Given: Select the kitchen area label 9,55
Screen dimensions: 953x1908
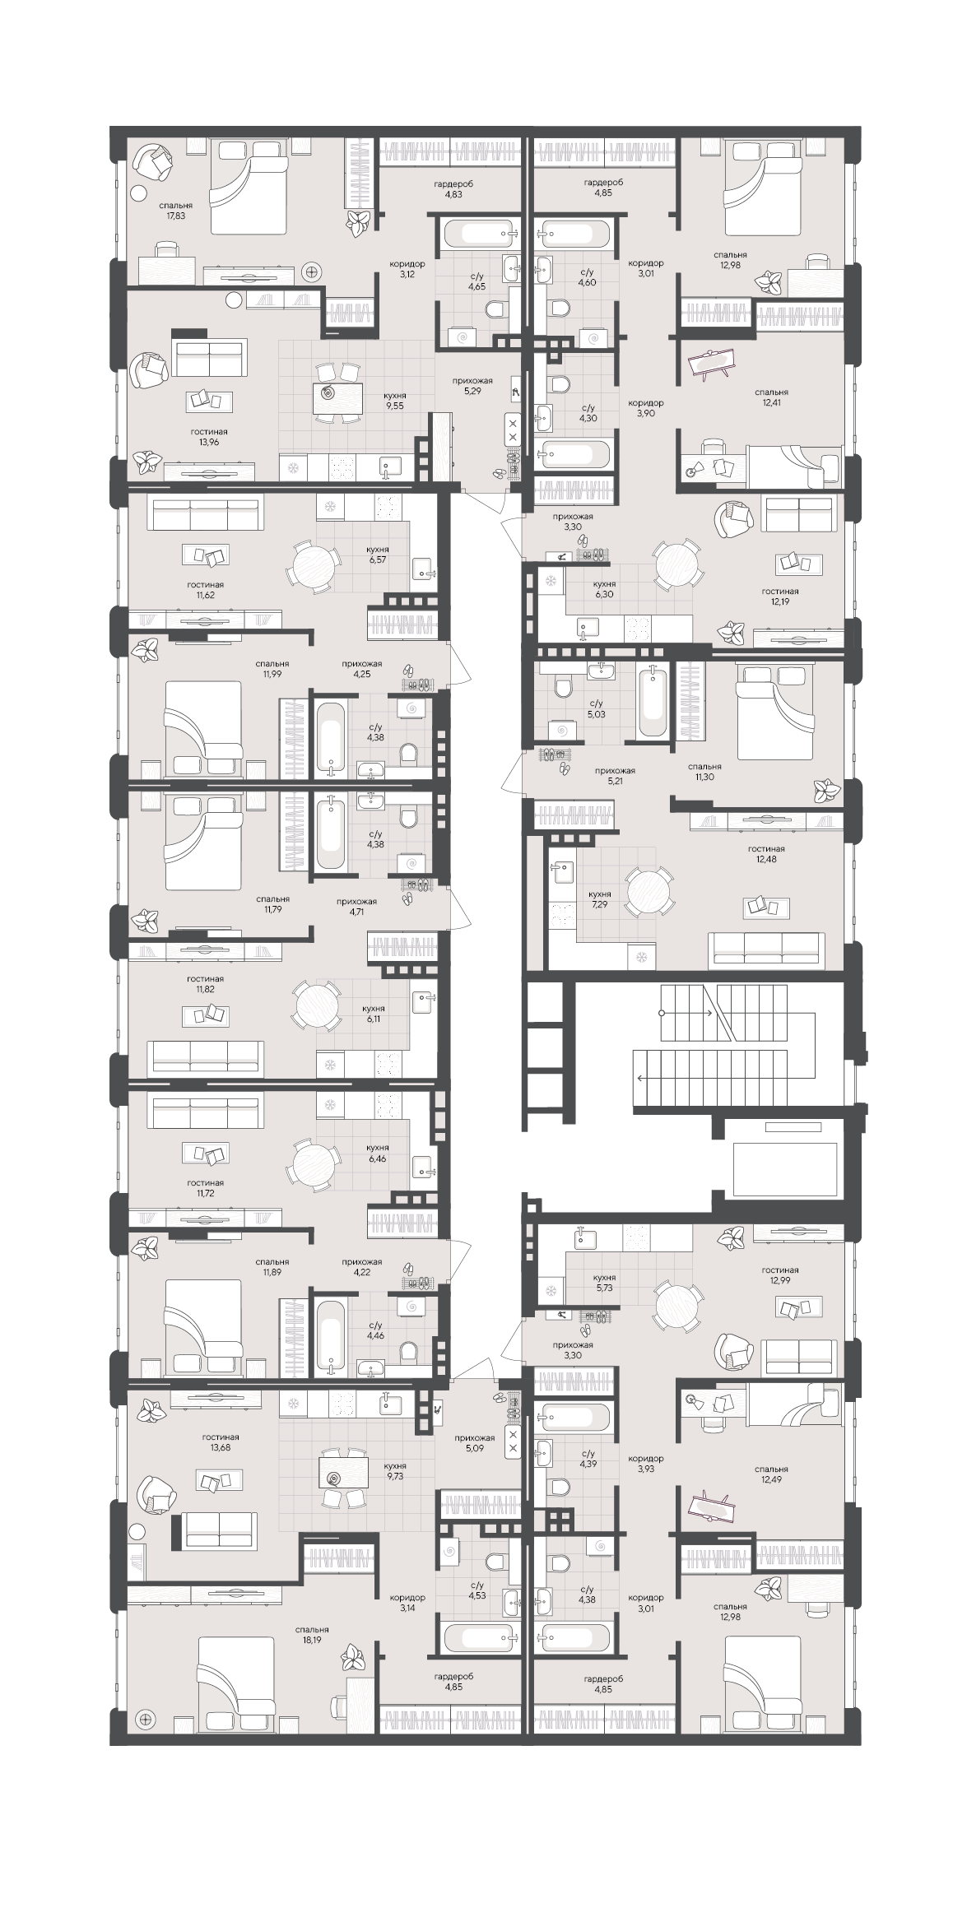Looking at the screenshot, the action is tap(400, 406).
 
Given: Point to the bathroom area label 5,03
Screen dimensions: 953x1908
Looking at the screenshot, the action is tap(596, 714).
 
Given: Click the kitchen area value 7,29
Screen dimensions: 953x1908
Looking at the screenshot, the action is tap(600, 903).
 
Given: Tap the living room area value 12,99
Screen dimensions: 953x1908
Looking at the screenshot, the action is tap(779, 1280).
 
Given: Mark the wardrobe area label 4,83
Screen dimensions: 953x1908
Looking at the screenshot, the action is tap(453, 194).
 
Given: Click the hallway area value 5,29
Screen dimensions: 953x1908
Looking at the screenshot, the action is tap(472, 391).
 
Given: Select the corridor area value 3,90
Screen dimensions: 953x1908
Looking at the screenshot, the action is tap(645, 413).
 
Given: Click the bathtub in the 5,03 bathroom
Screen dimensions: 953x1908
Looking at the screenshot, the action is tap(653, 702).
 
